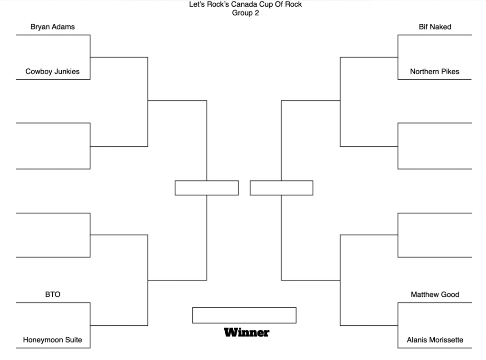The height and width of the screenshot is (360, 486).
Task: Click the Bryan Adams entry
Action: pos(52,27)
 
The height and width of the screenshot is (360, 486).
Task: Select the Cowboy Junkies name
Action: pos(52,72)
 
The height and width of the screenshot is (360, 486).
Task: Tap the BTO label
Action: pos(53,294)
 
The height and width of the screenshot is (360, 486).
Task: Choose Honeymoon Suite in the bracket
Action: pos(52,340)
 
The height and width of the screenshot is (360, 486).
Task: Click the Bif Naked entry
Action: pos(435,27)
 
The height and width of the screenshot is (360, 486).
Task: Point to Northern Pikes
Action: pos(435,72)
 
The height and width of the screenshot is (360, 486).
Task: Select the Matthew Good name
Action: pos(435,294)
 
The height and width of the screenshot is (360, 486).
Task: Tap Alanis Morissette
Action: pos(435,340)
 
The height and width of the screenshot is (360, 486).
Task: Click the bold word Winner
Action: pos(247,332)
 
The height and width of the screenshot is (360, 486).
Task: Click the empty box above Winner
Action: pos(244,315)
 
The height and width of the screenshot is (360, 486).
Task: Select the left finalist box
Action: pos(207,188)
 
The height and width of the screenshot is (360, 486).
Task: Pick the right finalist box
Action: pos(281,188)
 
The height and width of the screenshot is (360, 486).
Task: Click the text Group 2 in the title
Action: pos(246,13)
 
